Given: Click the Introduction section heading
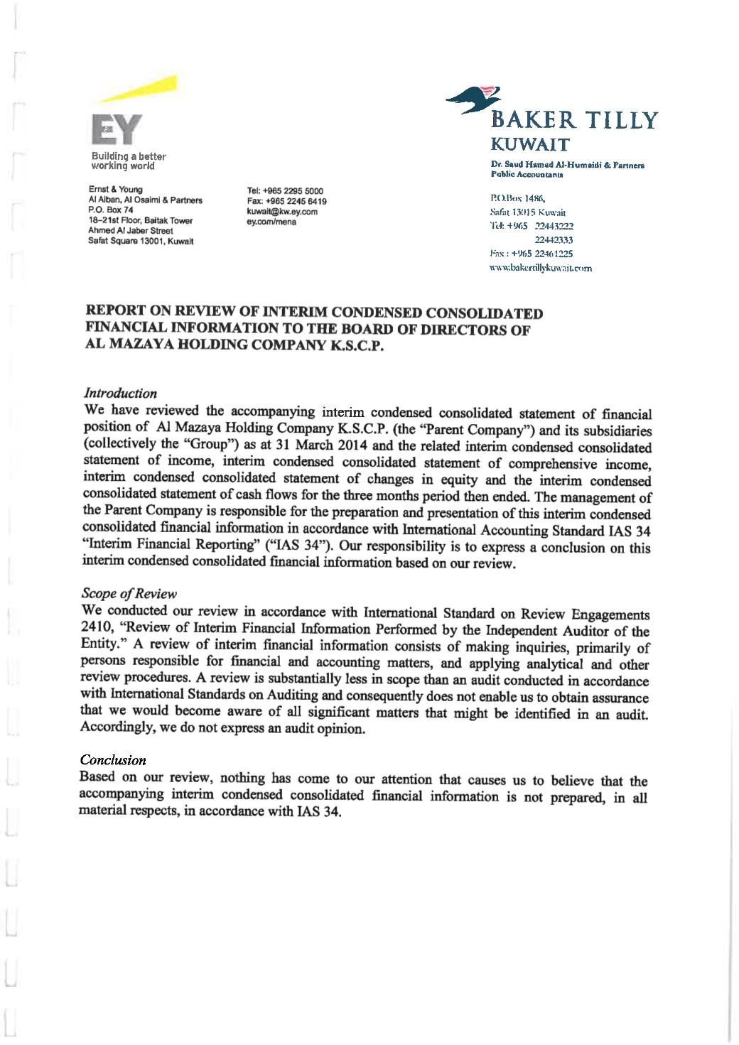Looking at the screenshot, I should click(120, 393).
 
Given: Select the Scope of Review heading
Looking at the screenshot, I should click(129, 593).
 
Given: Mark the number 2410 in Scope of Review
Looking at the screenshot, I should click(96, 628).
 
